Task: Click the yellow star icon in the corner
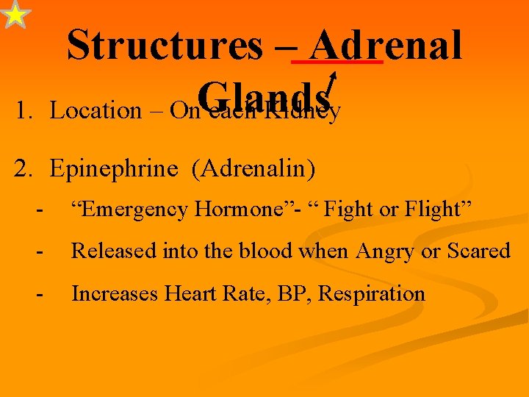tap(15, 15)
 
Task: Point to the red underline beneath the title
tap(337, 64)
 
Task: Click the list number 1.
tap(24, 111)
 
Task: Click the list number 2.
tap(24, 169)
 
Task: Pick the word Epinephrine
tap(114, 169)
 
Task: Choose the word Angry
tap(383, 251)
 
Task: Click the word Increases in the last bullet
tap(115, 294)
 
